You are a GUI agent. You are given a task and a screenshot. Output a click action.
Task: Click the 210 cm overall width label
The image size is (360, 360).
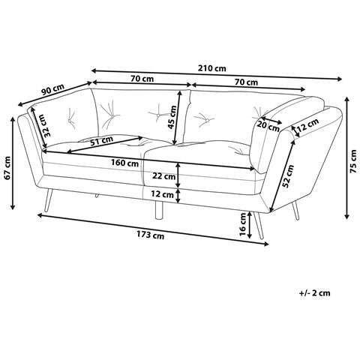point(211,68)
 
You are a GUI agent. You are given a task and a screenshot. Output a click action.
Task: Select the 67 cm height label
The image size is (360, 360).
point(7,168)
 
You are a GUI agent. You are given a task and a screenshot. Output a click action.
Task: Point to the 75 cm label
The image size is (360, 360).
point(353,161)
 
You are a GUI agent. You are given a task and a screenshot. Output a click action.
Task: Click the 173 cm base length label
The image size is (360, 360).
point(150,235)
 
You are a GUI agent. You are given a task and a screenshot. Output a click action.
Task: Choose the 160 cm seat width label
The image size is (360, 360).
point(124,163)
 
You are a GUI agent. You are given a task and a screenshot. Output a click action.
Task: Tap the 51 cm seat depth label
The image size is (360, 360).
point(101,140)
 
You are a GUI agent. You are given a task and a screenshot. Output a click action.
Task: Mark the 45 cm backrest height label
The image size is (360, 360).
point(172,117)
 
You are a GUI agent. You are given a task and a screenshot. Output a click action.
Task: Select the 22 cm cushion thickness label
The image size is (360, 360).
point(164,176)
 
